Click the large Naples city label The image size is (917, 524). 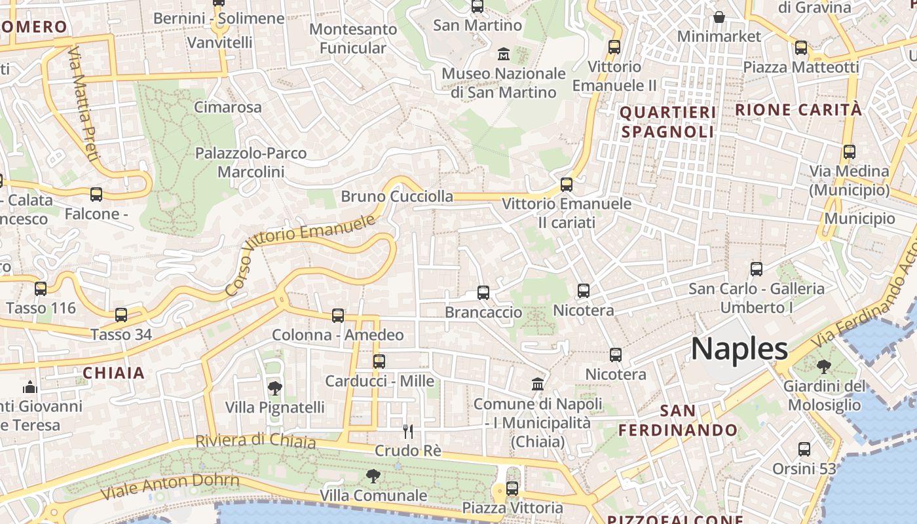pos(739,348)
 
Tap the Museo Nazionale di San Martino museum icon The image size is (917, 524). pos(504,54)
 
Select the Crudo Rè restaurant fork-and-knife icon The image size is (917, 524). pos(408,431)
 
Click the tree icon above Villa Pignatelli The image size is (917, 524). pos(275,388)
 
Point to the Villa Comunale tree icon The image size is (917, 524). pos(373,476)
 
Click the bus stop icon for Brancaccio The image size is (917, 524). pos(483,293)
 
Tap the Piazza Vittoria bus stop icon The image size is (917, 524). pos(512,488)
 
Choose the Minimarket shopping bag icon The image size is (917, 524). pos(719,17)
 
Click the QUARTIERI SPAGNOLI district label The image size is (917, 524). pos(667,122)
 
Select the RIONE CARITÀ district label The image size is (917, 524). pos(798,109)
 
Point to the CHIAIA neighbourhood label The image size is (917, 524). pos(113,373)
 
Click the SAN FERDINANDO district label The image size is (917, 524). pos(678,421)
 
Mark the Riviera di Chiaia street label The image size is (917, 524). pos(255,441)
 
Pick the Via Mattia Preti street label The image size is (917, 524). pos(83,103)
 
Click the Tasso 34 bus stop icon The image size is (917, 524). pos(121,315)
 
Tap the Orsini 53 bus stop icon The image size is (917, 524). pos(804,449)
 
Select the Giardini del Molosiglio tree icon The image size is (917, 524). pos(824,367)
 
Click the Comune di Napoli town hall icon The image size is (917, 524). pos(538,384)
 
